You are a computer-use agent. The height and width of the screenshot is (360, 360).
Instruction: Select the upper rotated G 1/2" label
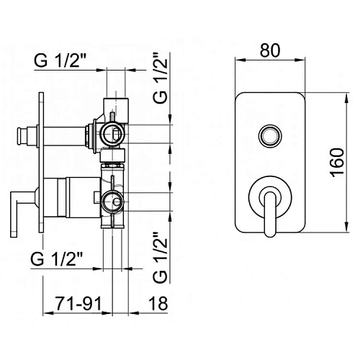(161, 77)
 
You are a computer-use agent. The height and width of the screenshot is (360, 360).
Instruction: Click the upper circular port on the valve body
(111, 131)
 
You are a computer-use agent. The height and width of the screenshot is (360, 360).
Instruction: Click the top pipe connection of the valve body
(114, 105)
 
